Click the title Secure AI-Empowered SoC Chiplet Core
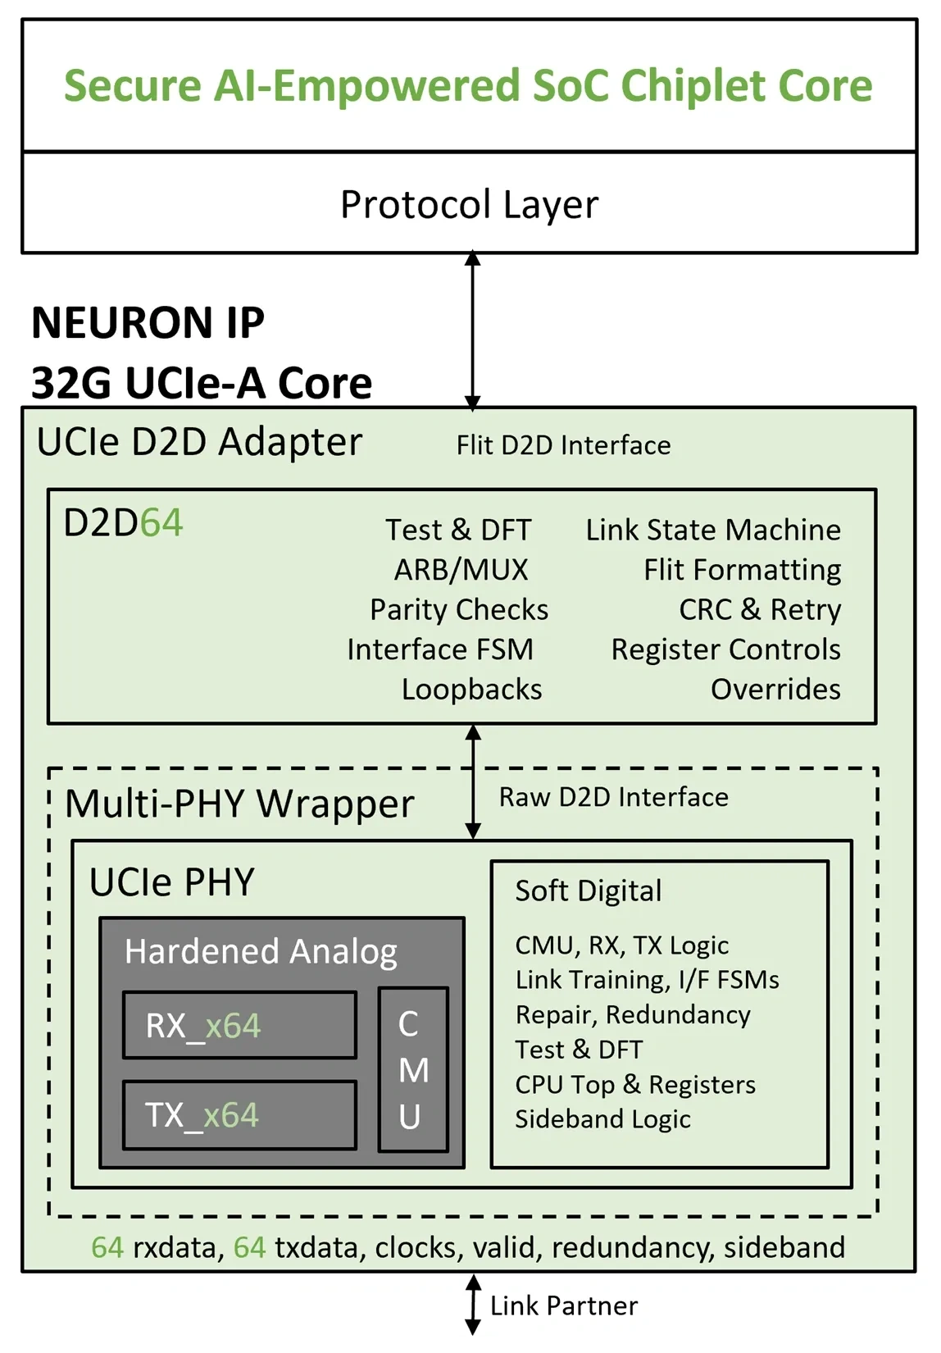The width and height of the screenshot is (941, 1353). coord(468,86)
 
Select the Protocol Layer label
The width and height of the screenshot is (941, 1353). coord(469,204)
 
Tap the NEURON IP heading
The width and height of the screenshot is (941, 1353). coord(148,322)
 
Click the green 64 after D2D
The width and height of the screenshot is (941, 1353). coord(161,523)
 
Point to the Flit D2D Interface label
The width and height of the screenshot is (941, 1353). coord(563,445)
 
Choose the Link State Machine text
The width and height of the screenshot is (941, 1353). coord(712,530)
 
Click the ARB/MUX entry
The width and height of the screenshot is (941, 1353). coord(461,570)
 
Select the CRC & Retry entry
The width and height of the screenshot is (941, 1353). coord(760,609)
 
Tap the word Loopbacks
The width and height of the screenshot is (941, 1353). coord(471,690)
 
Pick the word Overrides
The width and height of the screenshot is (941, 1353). coord(775,690)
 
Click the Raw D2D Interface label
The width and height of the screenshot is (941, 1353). coord(613,797)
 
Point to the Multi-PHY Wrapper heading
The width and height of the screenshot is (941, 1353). coord(239,804)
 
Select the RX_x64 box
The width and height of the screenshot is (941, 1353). coord(239,1025)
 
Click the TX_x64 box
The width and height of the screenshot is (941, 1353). coord(239,1115)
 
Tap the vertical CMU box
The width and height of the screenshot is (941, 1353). coord(413,1069)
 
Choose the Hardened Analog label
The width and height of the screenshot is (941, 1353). coord(261,951)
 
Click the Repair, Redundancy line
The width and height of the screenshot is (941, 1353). coord(632,1015)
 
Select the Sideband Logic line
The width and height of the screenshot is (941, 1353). coord(602,1119)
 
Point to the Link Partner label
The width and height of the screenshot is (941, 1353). coord(563,1305)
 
